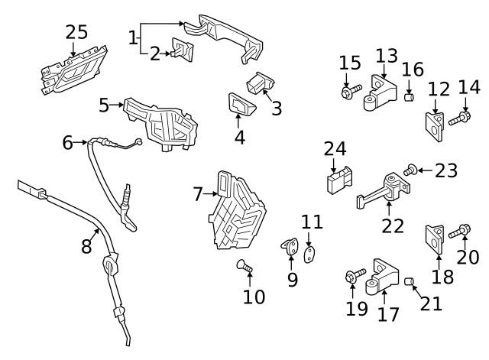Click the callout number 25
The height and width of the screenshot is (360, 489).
76,33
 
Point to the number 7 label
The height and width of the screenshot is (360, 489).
198,195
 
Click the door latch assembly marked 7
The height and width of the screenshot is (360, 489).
238,213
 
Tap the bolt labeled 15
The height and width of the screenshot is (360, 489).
348,92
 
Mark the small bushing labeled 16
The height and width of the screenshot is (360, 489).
408,96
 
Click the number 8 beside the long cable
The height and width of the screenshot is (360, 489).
86,245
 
